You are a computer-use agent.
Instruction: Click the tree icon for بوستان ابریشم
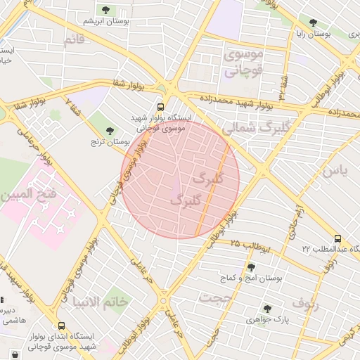[106, 9]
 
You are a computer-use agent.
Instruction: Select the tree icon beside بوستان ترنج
[110, 130]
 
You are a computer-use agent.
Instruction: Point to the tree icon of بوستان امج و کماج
[251, 266]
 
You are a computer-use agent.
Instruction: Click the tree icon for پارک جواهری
[266, 308]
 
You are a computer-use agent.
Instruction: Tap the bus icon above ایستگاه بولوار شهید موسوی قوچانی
[161, 108]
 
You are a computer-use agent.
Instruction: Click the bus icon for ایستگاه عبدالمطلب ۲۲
[338, 238]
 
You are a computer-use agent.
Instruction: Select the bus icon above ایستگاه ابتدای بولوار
[62, 326]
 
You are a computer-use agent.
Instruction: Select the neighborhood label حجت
[215, 297]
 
